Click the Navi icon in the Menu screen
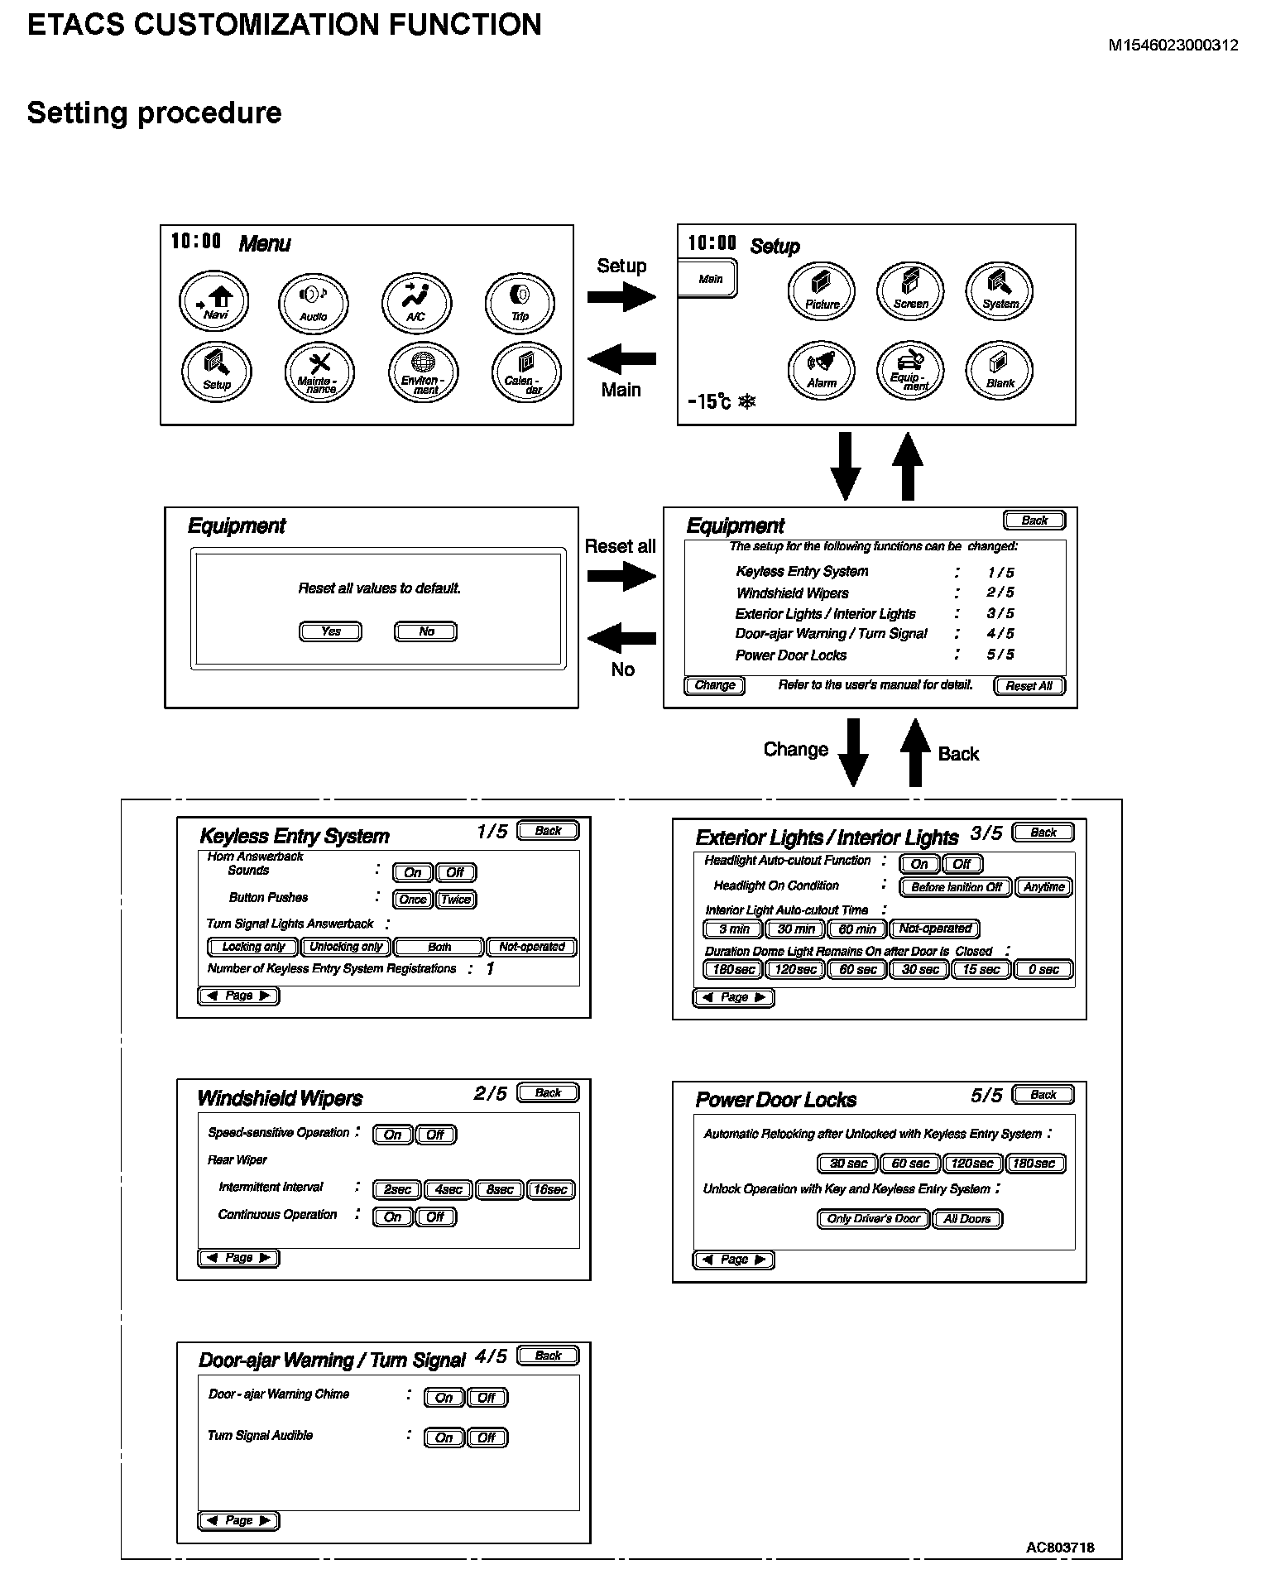pyautogui.click(x=214, y=302)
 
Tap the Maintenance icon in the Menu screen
pyautogui.click(x=319, y=372)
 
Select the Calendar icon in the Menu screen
pyautogui.click(x=525, y=372)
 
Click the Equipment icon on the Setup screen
pyautogui.click(x=910, y=369)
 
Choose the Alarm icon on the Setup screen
pyautogui.click(x=822, y=369)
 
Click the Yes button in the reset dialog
pyautogui.click(x=330, y=631)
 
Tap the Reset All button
pyautogui.click(x=1029, y=686)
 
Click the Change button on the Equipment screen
pyautogui.click(x=715, y=685)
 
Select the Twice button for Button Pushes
pyautogui.click(x=456, y=900)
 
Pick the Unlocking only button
pyautogui.click(x=347, y=947)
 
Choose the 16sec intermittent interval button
pyautogui.click(x=550, y=1190)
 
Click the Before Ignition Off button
pyautogui.click(x=956, y=887)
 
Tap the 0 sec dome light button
pyautogui.click(x=1043, y=970)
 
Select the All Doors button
pyautogui.click(x=967, y=1219)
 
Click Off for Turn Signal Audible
pyautogui.click(x=487, y=1437)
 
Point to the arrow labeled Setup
pyautogui.click(x=621, y=296)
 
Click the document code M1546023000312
pyautogui.click(x=1173, y=46)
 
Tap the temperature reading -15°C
pyautogui.click(x=710, y=402)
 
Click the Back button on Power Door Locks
pyautogui.click(x=1043, y=1095)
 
